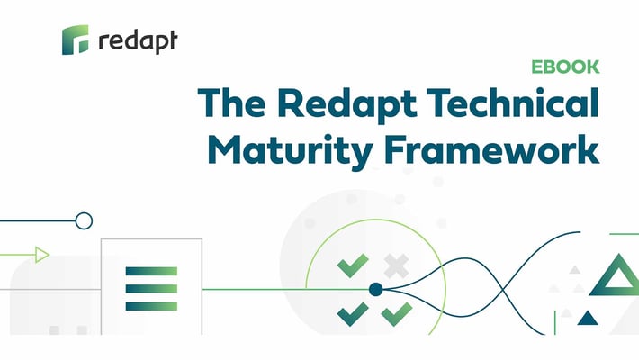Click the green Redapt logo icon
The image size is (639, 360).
[x=76, y=40]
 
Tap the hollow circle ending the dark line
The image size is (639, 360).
[x=84, y=220]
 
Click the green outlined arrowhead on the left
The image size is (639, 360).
[x=41, y=255]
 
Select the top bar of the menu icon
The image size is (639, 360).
[x=151, y=270]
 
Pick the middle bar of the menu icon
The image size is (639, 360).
[x=151, y=288]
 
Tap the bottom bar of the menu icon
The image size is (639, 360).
[x=151, y=306]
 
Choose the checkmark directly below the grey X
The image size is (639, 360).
[x=396, y=312]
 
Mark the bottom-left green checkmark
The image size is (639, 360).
[x=352, y=312]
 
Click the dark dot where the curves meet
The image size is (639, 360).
[x=375, y=289]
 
